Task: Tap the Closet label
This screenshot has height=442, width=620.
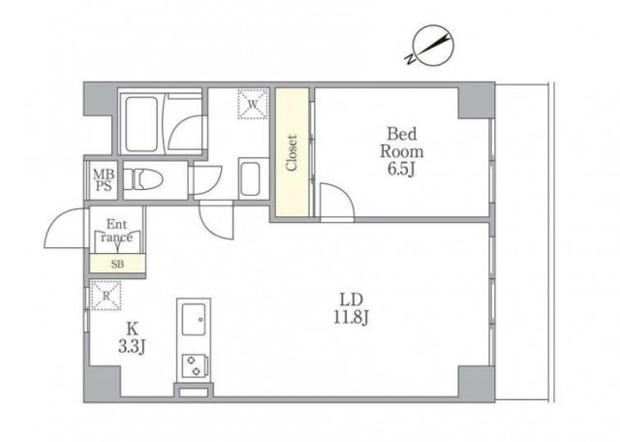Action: [x=292, y=153]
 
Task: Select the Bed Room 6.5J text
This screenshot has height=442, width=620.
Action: [x=402, y=151]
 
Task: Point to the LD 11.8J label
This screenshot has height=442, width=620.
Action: [x=352, y=308]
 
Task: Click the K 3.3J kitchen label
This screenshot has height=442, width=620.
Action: [x=133, y=337]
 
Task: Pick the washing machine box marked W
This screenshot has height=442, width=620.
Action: [x=253, y=104]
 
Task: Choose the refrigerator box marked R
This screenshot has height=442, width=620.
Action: [x=106, y=296]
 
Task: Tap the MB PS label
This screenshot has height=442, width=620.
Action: [x=104, y=180]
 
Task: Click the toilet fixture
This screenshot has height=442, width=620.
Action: [x=143, y=180]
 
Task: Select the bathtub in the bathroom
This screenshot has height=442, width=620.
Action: [x=141, y=124]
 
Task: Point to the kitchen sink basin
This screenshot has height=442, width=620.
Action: [x=194, y=320]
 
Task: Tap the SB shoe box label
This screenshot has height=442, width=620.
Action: [x=117, y=264]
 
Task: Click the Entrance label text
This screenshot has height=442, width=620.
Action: [x=116, y=231]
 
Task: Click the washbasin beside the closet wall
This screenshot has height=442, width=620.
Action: [x=250, y=179]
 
